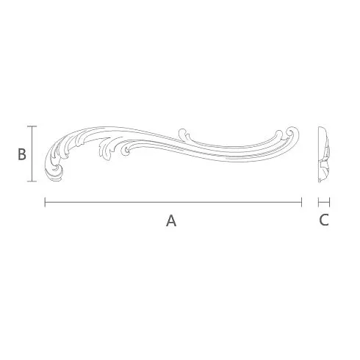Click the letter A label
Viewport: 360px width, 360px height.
tap(171, 220)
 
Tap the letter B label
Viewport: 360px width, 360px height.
tap(22, 154)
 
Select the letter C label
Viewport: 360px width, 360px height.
tap(324, 220)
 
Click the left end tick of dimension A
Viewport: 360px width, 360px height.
tap(45, 202)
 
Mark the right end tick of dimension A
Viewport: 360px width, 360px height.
tap(301, 202)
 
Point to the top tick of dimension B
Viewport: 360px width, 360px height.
tap(32, 126)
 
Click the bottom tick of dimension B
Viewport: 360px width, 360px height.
tap(32, 181)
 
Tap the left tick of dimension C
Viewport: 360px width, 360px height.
tap(319, 202)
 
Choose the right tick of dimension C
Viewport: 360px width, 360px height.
tap(330, 202)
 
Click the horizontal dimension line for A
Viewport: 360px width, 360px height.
tap(173, 202)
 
